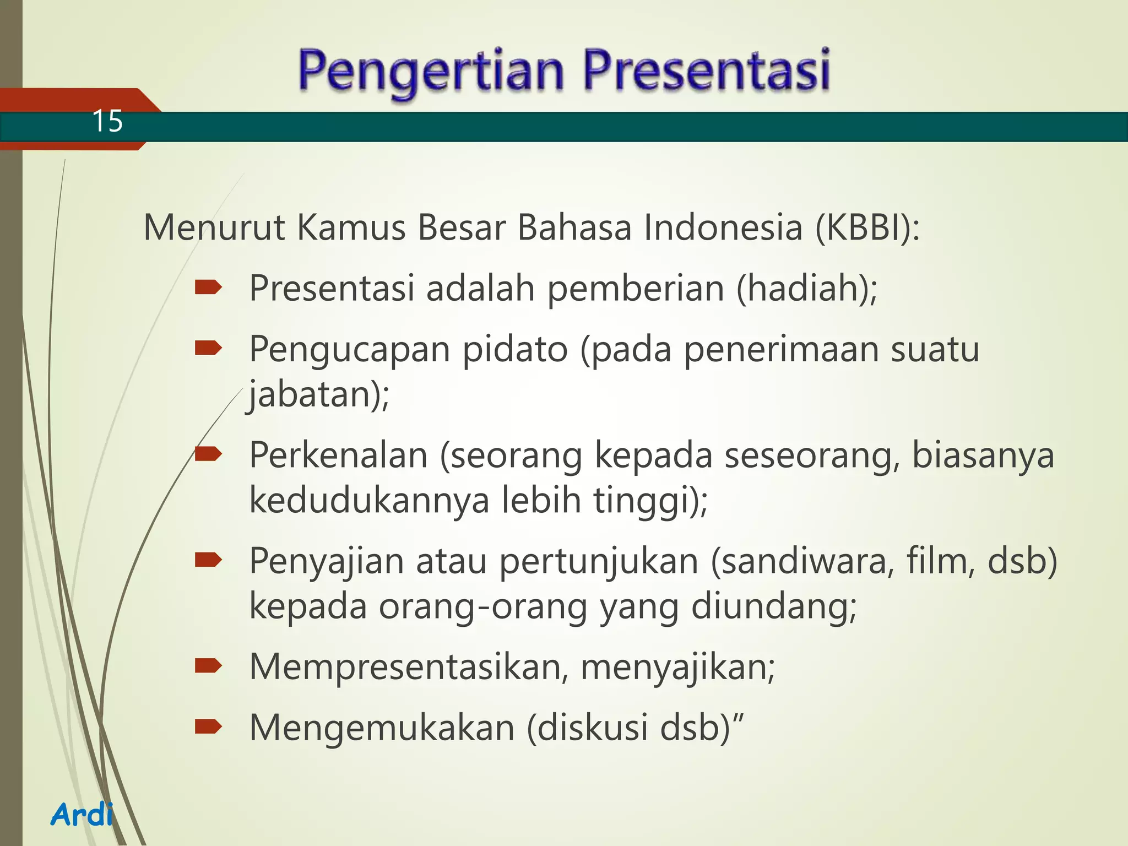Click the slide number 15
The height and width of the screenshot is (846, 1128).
coord(107,121)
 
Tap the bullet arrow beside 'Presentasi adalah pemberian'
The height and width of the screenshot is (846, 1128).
coord(208,287)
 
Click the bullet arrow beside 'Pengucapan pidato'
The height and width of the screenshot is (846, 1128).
coord(208,348)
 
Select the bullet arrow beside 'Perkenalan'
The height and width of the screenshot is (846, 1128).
coord(208,454)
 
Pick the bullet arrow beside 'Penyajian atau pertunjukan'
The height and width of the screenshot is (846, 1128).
coord(208,560)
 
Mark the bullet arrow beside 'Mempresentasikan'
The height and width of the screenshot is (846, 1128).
coord(208,666)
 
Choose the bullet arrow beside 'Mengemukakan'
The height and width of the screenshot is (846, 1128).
coord(208,727)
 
